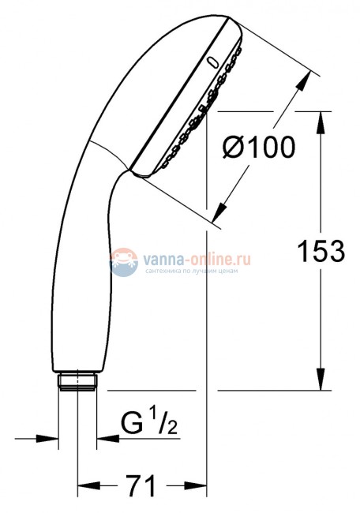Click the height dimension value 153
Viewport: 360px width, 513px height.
(321, 252)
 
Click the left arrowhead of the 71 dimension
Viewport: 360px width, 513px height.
(84, 485)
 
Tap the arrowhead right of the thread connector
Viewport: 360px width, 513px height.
(103, 437)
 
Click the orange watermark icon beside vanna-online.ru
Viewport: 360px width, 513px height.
(122, 260)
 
